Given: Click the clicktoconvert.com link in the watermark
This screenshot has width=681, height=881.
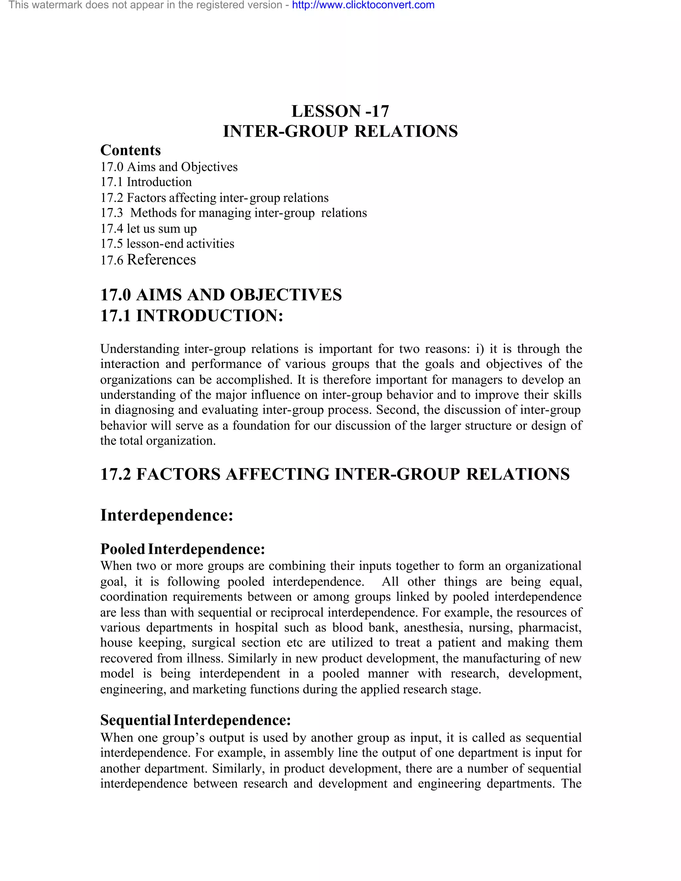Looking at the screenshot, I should [x=363, y=5].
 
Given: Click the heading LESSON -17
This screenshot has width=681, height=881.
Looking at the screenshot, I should [x=340, y=111].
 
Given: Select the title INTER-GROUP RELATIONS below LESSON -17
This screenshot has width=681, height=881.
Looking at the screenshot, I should [x=340, y=132].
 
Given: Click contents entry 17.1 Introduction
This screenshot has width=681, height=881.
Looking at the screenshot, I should [x=146, y=182].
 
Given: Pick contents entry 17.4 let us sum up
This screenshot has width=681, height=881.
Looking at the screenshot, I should [x=148, y=229].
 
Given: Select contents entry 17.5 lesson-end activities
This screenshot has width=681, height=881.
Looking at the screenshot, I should [x=167, y=244].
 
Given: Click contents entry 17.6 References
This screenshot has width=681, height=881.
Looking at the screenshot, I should [x=148, y=260].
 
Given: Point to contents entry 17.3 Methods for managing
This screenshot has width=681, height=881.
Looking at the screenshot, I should [x=233, y=213].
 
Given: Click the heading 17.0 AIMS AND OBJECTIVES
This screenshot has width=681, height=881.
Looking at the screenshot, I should [x=221, y=295].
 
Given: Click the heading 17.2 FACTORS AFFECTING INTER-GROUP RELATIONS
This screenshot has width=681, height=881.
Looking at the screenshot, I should [x=335, y=474].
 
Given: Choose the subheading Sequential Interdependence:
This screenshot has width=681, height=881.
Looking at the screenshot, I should [x=195, y=720].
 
